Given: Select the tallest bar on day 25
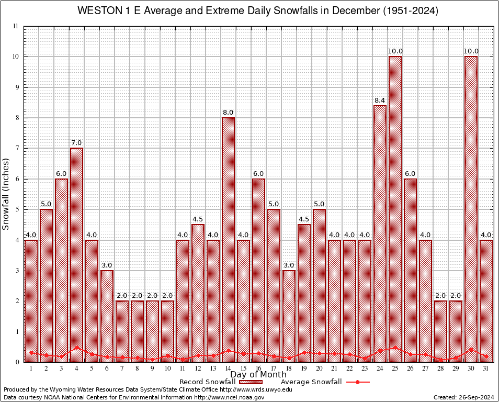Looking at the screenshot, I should (x=395, y=209).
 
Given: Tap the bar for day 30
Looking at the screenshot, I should (x=471, y=209).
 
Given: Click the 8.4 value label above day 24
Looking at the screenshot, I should (x=380, y=100).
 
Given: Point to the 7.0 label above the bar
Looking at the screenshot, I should (x=76, y=142).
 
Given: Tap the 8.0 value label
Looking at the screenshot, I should (x=228, y=112).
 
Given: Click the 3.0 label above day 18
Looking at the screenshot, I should (x=289, y=265).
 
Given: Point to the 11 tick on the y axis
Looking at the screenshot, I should (x=15, y=26).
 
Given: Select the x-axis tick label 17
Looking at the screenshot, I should (x=274, y=368).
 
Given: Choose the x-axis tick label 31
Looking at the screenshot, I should (x=486, y=368).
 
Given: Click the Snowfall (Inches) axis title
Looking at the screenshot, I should (x=6, y=194).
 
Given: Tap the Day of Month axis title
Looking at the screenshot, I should (x=258, y=375).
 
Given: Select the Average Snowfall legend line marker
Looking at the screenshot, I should (x=358, y=382).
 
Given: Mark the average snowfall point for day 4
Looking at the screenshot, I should (x=76, y=347).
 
